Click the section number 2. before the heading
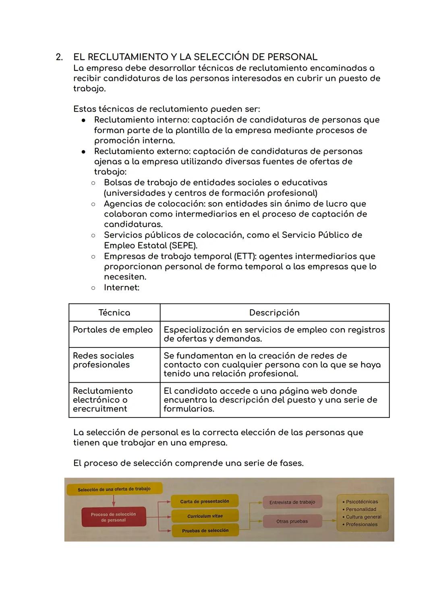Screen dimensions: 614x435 click(x=59, y=57)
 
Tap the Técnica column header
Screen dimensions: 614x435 click(x=114, y=312)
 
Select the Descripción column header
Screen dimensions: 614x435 click(x=274, y=312)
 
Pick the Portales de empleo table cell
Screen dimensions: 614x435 click(x=113, y=330)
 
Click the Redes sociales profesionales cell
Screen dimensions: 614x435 click(x=104, y=360)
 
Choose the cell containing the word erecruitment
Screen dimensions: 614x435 click(x=103, y=400)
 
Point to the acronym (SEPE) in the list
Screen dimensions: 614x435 click(x=183, y=245)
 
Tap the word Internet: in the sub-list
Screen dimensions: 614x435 click(x=122, y=287)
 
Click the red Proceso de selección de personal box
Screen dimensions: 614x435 click(x=114, y=517)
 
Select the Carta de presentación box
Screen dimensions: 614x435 click(x=205, y=501)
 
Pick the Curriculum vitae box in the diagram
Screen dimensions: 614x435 click(x=205, y=516)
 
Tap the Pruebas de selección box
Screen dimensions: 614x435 click(x=205, y=531)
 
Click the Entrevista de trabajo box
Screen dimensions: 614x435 click(x=292, y=502)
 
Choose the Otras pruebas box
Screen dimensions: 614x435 click(x=292, y=521)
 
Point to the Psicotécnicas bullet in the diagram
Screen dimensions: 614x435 click(x=362, y=502)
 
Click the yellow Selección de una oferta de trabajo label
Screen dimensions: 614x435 click(x=114, y=489)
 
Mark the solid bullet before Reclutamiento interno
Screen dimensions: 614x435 click(x=83, y=120)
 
